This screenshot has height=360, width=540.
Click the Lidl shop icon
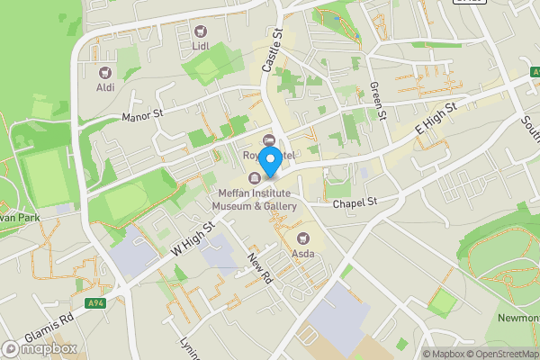coord(200,31)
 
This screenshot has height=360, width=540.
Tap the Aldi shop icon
coord(105,72)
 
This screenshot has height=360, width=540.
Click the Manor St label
coord(142,116)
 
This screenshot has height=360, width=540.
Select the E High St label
coord(436,119)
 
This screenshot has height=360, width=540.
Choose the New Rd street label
coord(260,268)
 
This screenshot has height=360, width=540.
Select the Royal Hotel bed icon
coord(269,140)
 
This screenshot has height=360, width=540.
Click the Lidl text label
coord(200,45)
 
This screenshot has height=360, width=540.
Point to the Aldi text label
coord(106,87)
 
